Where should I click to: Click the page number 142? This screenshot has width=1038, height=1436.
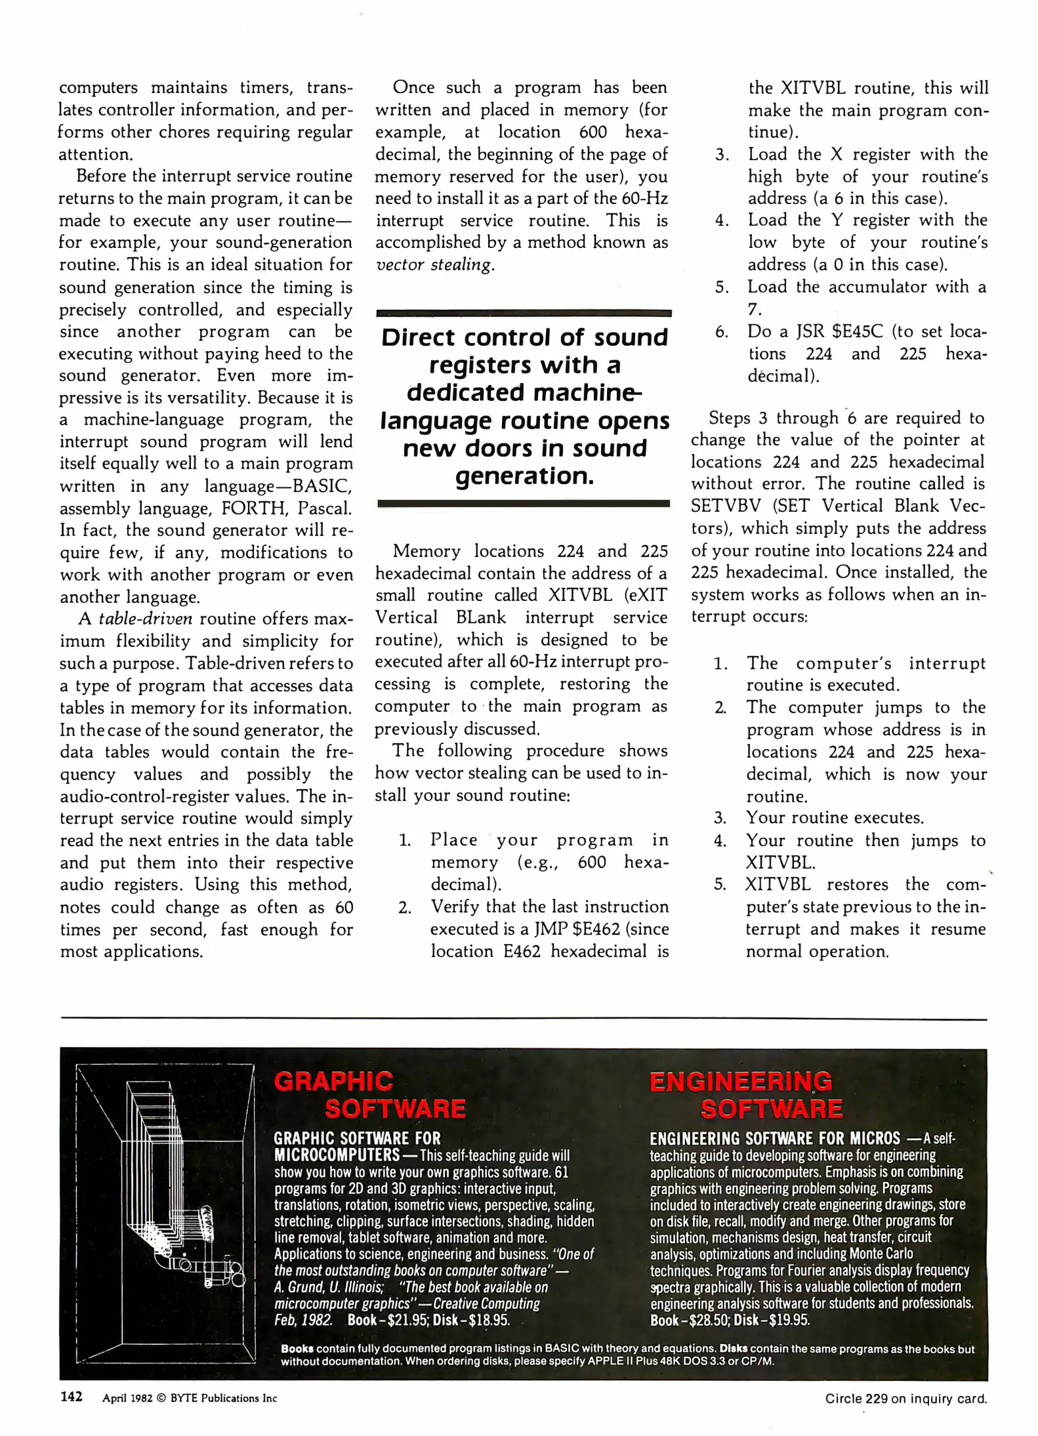pyautogui.click(x=71, y=1397)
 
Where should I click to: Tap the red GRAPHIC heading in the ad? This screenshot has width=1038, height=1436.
pyautogui.click(x=333, y=1082)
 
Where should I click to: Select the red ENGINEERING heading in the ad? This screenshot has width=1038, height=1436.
pyautogui.click(x=740, y=1082)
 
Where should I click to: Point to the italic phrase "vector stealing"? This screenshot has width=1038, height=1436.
pyautogui.click(x=434, y=265)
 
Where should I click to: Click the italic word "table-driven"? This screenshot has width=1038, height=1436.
pyautogui.click(x=146, y=619)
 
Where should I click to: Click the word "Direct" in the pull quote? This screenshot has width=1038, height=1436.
pyautogui.click(x=418, y=338)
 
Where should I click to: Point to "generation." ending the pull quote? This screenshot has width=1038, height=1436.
pyautogui.click(x=524, y=476)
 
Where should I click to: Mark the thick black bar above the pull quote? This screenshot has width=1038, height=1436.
pyautogui.click(x=523, y=312)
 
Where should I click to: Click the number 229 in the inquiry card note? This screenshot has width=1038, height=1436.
pyautogui.click(x=876, y=1399)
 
